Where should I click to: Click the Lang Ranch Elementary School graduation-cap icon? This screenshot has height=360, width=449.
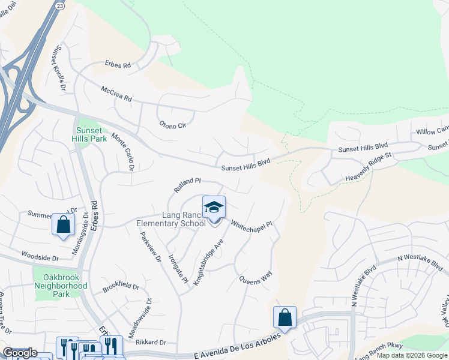click(214, 208)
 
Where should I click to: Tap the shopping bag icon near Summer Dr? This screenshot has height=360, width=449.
click(63, 225)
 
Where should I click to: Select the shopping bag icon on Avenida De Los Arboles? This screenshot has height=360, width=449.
click(285, 317)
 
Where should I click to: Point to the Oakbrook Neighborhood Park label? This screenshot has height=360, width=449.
click(65, 286)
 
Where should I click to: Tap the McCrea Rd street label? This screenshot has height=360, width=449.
click(116, 94)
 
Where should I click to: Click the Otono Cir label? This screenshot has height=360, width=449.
click(172, 125)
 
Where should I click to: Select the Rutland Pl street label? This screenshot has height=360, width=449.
click(187, 184)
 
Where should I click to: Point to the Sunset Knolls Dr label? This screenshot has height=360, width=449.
click(61, 68)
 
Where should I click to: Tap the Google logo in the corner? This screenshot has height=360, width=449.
click(19, 353)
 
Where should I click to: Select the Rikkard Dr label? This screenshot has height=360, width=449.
click(149, 343)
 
